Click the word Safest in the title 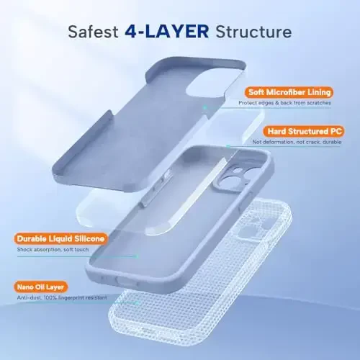coord(93,32)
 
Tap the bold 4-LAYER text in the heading coord(166,32)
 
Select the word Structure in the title coord(253,32)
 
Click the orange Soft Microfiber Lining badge coord(289,92)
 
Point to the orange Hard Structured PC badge coord(304,131)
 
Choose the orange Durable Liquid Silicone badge coord(60,239)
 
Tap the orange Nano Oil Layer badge coord(41,287)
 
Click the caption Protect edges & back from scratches coord(284,103)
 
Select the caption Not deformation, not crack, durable coord(297,142)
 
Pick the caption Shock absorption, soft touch coord(53,250)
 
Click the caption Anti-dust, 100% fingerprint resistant coord(62,297)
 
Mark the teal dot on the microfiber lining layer coord(204,108)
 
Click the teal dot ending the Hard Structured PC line coord(228,146)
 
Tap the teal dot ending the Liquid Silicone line coord(137,256)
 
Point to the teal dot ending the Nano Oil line coord(137,303)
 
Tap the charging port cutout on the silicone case coord(127,281)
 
